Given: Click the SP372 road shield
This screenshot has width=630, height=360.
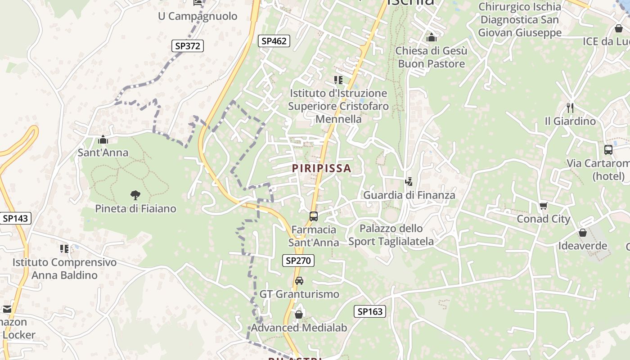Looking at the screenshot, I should [x=188, y=45].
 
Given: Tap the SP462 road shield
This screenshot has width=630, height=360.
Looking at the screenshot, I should [x=274, y=41].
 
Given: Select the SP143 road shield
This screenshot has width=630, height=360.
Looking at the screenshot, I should [x=15, y=219].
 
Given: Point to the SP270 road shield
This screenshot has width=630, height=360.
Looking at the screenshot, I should [x=298, y=260].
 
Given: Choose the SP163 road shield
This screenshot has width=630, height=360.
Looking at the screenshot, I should [x=370, y=311].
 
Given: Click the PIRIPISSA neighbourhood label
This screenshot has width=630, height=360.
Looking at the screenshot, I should [x=321, y=168].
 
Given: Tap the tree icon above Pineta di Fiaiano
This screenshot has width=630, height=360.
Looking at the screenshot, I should [x=135, y=195].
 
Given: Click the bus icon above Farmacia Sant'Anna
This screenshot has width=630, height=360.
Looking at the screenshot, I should [x=314, y=216].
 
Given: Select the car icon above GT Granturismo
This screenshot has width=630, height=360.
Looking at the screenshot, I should [x=299, y=281].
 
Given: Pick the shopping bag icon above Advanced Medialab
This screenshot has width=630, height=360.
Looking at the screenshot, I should [x=299, y=315].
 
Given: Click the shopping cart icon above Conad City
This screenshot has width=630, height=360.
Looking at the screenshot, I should [x=543, y=206].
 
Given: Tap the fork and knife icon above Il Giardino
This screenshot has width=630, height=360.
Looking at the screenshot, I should [x=570, y=108].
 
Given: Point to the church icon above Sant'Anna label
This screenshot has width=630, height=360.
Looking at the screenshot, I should [x=103, y=139].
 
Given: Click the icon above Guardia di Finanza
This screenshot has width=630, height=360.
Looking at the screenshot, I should [x=409, y=182].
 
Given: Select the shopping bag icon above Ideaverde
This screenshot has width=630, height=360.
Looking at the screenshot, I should [x=583, y=233].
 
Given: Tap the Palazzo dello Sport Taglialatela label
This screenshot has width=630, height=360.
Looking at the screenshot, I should [x=391, y=235].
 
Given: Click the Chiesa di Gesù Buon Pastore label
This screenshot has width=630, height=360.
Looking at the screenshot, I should [x=431, y=57].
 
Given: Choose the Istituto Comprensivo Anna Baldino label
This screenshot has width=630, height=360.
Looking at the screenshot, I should [x=64, y=269].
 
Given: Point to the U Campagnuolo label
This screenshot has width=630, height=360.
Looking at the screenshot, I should [x=198, y=16].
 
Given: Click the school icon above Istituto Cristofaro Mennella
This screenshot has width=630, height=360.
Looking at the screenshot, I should [x=338, y=80].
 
